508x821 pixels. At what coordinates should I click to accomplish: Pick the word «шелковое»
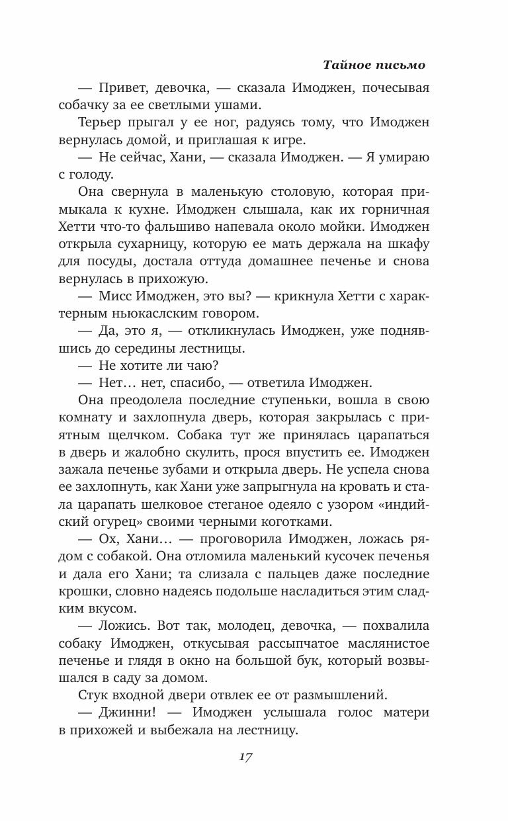[202, 503]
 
